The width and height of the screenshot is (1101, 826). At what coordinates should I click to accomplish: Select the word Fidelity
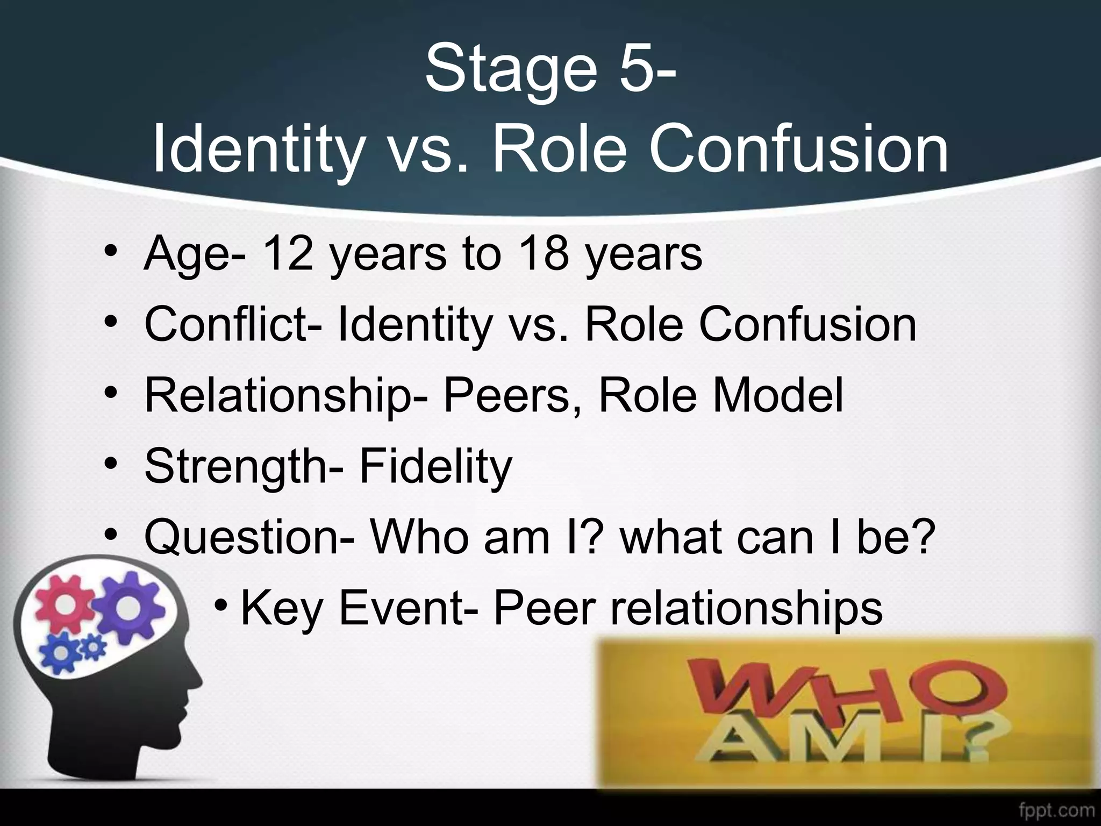[x=435, y=467]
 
